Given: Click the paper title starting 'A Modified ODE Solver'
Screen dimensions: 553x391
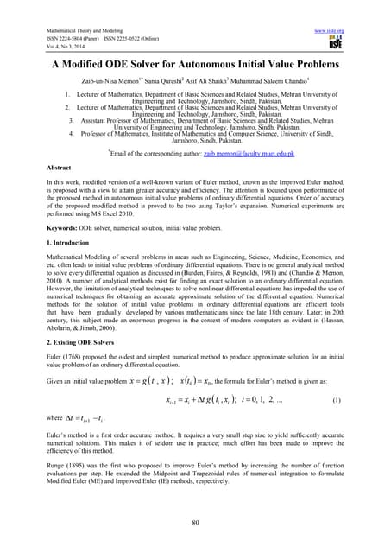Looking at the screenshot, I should pos(195,66).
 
